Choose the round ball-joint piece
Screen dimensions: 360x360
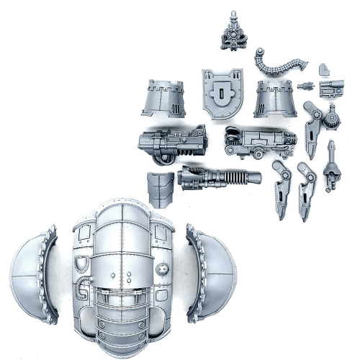333,114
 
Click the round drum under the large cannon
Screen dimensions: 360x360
164,150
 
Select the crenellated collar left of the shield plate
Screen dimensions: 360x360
164,97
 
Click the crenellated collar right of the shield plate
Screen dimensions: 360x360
274,99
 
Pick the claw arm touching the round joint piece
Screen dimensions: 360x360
312,127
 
